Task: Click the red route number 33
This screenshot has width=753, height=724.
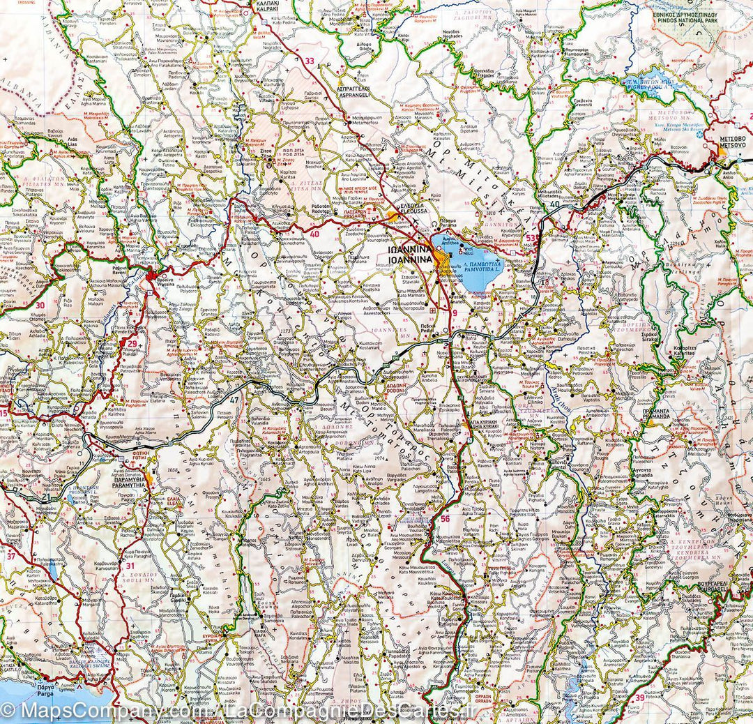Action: click(309, 61)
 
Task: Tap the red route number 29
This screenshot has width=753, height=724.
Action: click(132, 343)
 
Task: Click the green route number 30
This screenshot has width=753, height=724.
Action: click(40, 305)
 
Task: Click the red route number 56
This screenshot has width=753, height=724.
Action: click(445, 519)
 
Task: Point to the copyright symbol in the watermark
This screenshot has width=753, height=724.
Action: click(9, 711)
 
